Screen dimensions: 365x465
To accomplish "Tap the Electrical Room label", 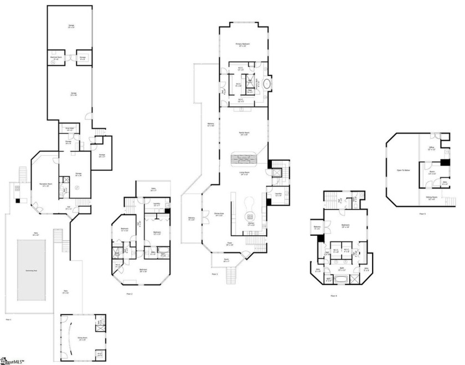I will [55, 57].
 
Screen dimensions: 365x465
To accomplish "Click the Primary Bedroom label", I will [242, 44].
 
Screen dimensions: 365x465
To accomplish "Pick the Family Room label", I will [243, 134].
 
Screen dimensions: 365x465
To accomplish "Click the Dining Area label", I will [219, 214].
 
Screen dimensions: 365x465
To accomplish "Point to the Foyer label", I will [229, 244].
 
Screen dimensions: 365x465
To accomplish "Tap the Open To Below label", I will [403, 170].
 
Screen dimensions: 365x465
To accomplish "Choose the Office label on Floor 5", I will [432, 148].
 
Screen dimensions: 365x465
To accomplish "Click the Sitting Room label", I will [432, 198].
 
